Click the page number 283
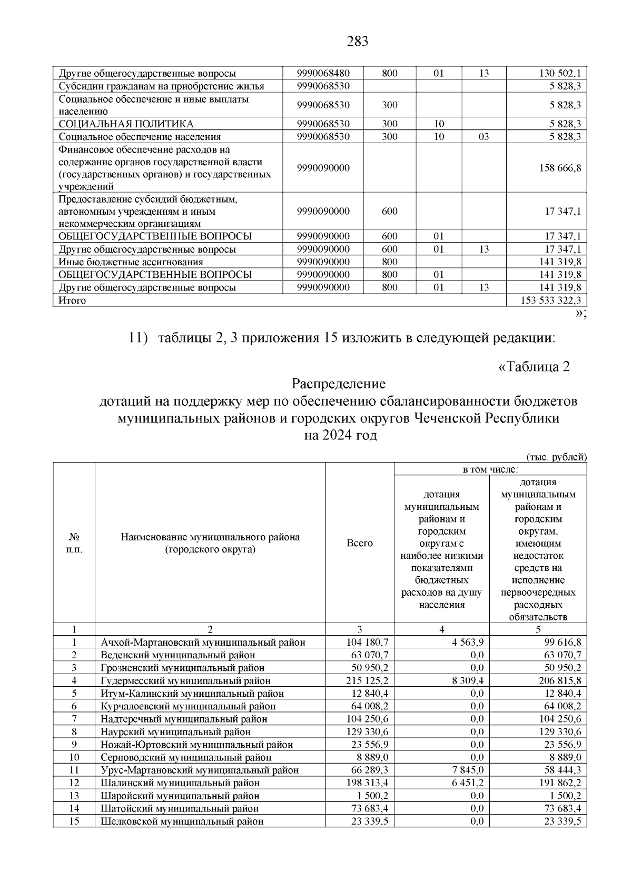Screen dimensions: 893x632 click(x=358, y=42)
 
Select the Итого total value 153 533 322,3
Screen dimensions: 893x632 click(x=546, y=300)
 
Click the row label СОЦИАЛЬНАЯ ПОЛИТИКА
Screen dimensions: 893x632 click(x=126, y=124)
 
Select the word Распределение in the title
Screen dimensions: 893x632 click(x=339, y=384)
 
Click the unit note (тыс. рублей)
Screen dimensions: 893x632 click(x=557, y=457)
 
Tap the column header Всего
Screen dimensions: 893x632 click(x=360, y=543)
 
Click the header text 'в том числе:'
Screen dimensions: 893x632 click(x=490, y=469)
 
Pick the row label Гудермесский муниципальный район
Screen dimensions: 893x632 click(x=185, y=681)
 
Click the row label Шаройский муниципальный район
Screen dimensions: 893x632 click(x=180, y=796)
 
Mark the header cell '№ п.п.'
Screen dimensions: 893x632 click(x=74, y=543)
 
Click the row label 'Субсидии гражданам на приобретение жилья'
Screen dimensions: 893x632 click(x=162, y=86)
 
